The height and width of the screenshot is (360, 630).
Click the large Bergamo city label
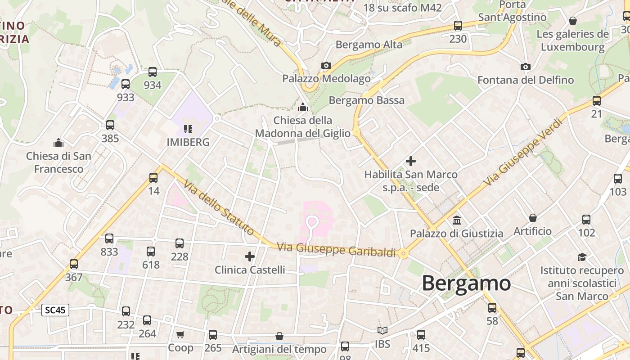point(466,284)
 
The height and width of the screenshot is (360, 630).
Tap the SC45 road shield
point(55,310)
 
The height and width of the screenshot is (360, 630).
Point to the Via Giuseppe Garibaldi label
point(336,250)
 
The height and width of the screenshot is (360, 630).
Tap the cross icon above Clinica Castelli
point(249,256)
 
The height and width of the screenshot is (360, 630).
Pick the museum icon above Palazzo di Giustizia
point(457,220)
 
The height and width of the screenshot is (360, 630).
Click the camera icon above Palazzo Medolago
point(326,66)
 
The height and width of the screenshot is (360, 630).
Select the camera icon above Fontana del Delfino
point(525,67)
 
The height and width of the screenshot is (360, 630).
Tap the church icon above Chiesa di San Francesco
point(58,143)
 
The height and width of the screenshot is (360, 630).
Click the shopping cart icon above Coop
point(180,334)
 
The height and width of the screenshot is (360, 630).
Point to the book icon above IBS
point(382,331)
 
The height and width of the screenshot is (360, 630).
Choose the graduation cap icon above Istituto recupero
point(582,257)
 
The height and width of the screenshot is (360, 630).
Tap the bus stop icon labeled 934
point(153,72)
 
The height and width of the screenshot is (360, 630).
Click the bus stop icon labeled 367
point(74,264)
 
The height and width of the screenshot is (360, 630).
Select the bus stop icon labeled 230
point(458,26)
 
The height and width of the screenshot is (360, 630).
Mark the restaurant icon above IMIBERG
point(188,130)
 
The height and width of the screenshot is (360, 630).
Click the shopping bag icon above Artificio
point(533,218)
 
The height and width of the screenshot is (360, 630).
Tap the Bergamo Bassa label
point(367,100)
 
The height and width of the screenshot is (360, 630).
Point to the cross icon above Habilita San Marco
point(410,161)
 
